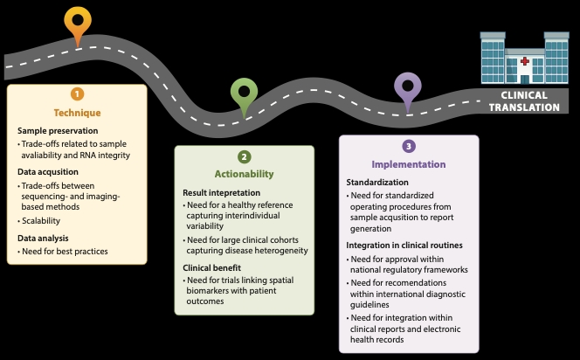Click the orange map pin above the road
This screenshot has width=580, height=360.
tap(78, 22)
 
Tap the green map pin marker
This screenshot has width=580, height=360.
tap(244, 93)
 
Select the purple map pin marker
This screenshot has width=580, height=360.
tap(406, 87)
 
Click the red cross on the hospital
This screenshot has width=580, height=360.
tap(524, 61)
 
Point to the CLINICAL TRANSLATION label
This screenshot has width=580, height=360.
tap(524, 101)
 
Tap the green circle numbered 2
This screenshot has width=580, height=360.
tap(244, 156)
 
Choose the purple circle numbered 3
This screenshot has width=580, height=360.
tap(408, 146)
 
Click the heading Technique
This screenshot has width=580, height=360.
tap(77, 113)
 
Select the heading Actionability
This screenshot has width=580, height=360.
tap(244, 174)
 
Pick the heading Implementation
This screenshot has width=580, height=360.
tap(409, 164)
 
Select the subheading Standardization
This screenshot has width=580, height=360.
tap(377, 183)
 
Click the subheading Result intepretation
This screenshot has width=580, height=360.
tap(222, 192)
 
